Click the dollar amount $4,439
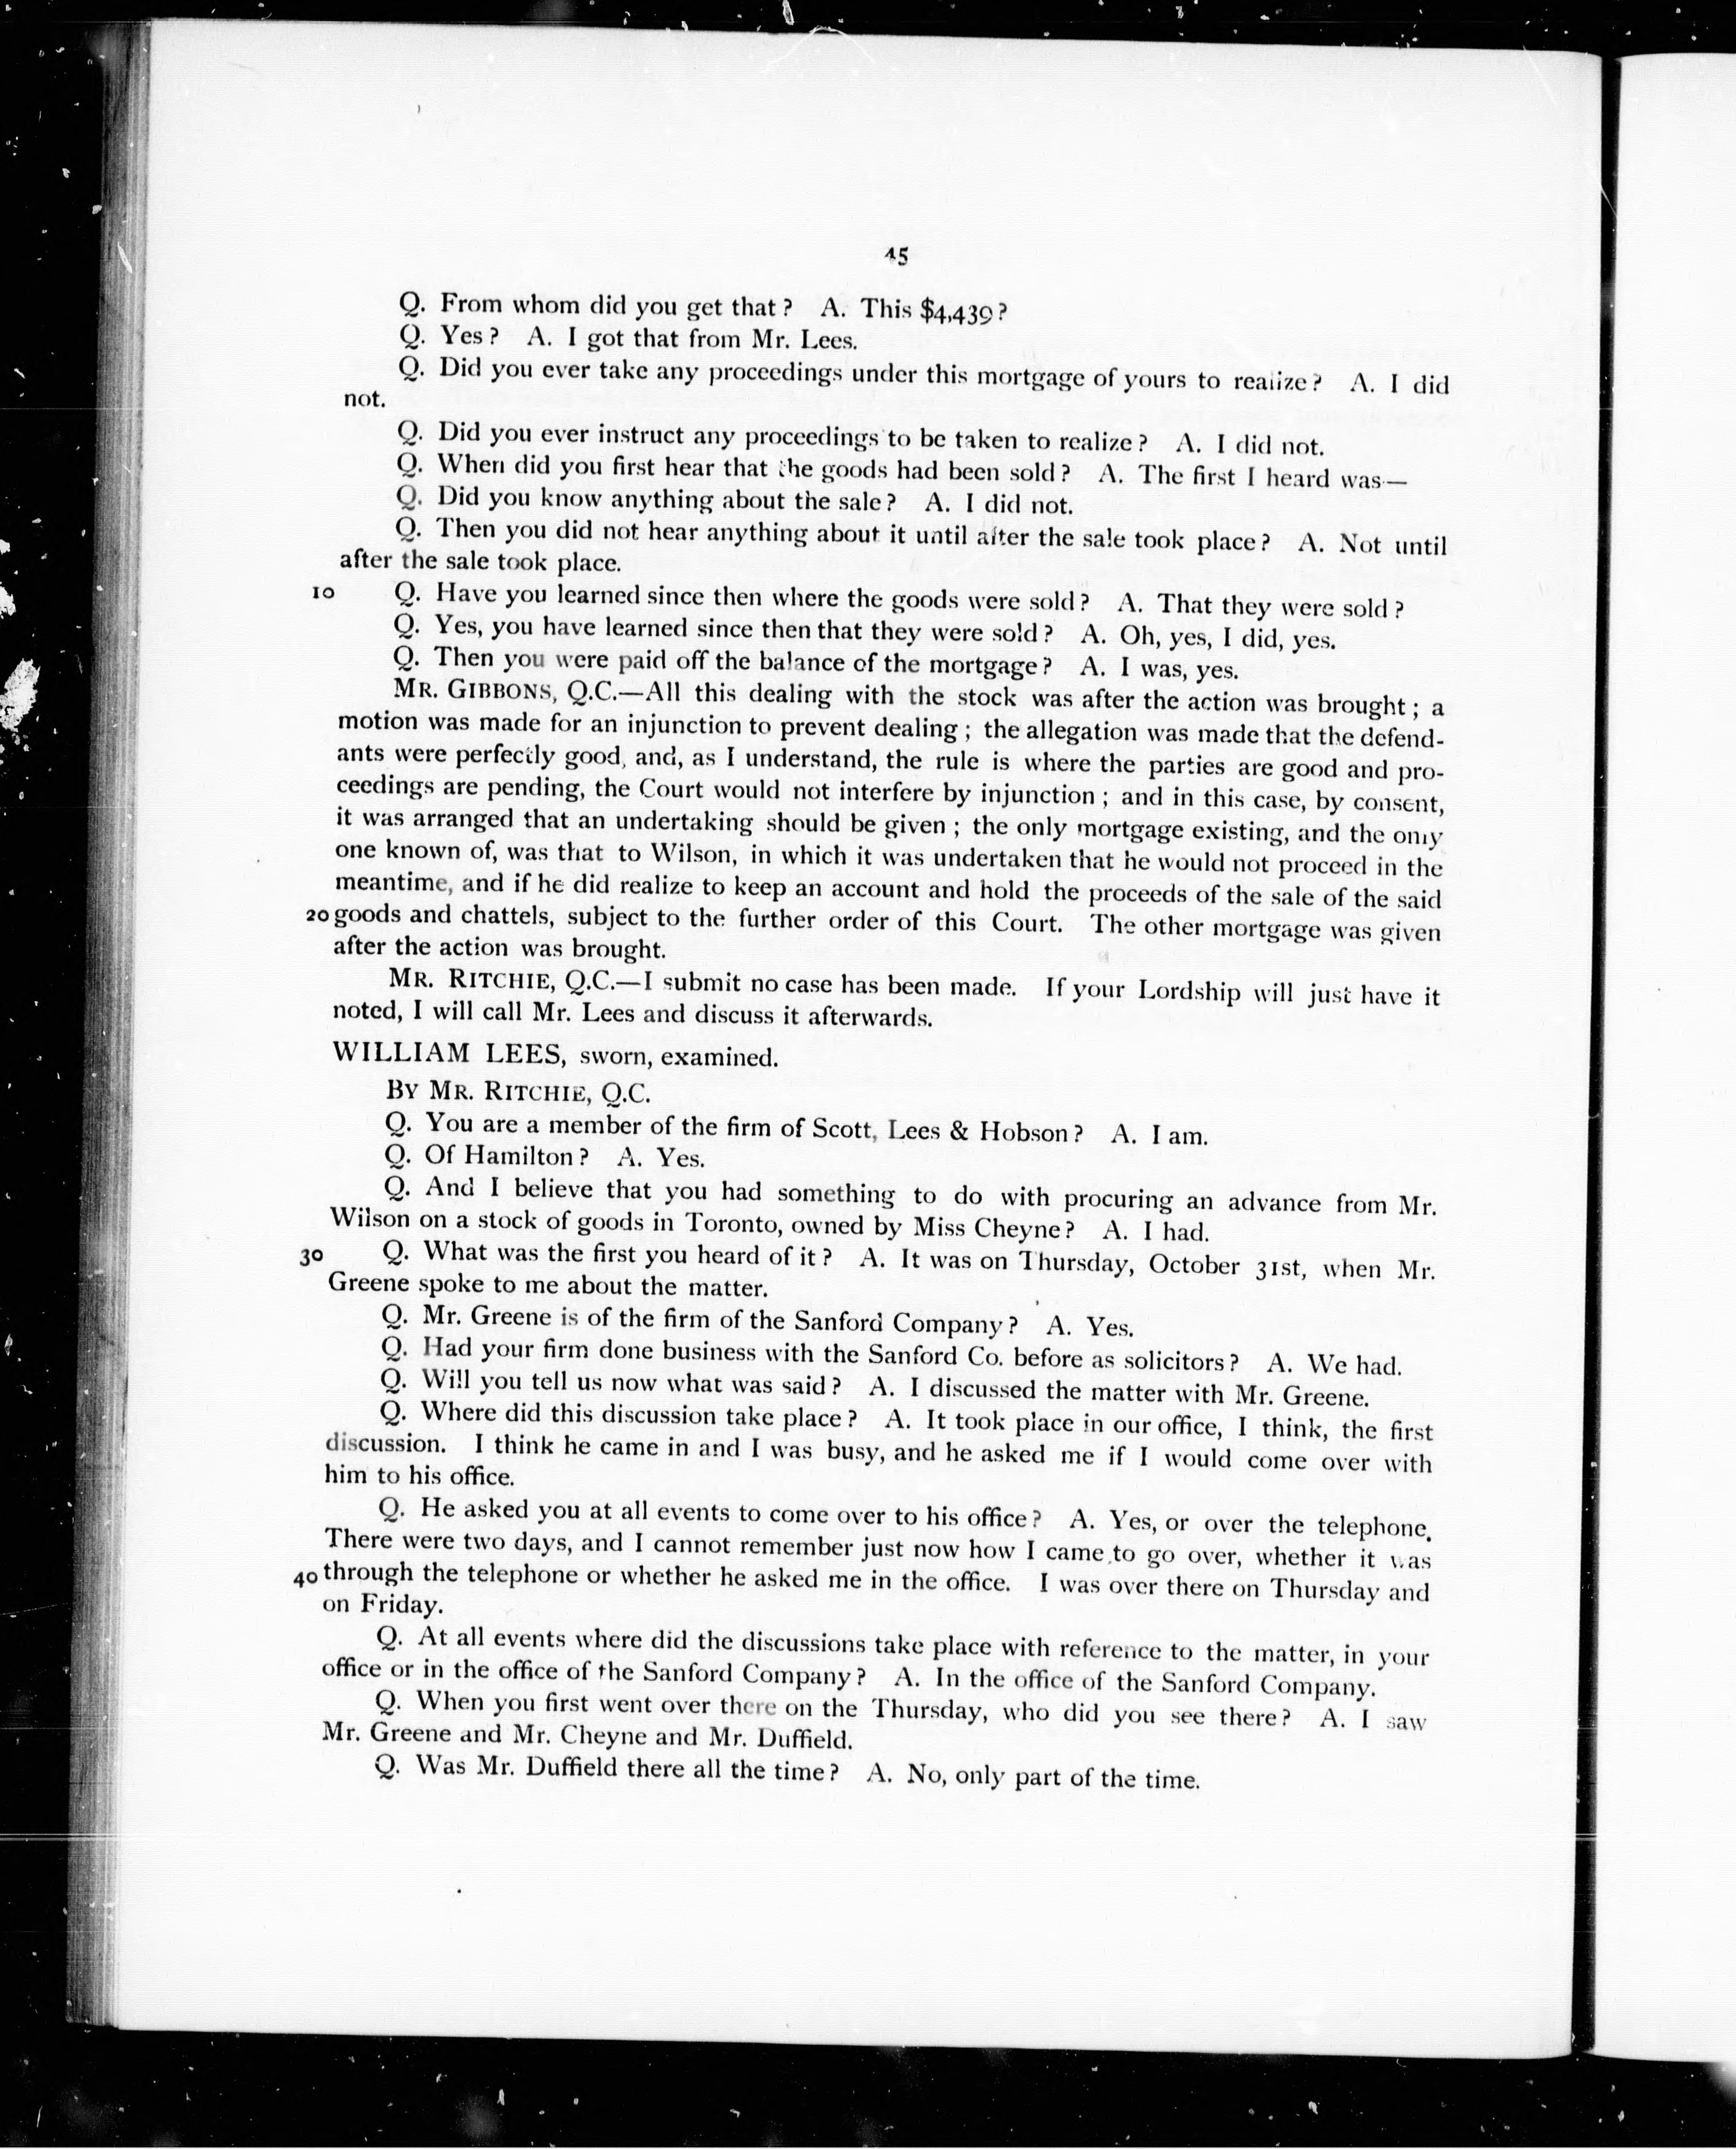(x=957, y=311)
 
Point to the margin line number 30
(x=311, y=1257)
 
